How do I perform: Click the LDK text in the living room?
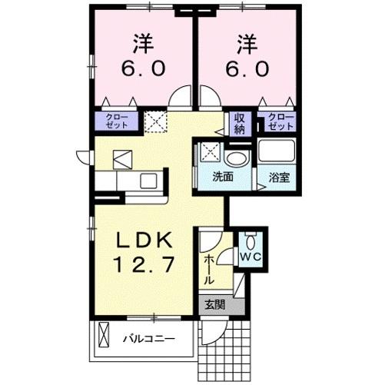pos(144,241)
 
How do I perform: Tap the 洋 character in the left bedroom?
pos(141,40)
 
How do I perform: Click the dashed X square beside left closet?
pos(155,119)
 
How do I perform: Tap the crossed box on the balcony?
pos(103,337)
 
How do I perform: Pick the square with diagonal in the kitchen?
pos(124,158)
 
